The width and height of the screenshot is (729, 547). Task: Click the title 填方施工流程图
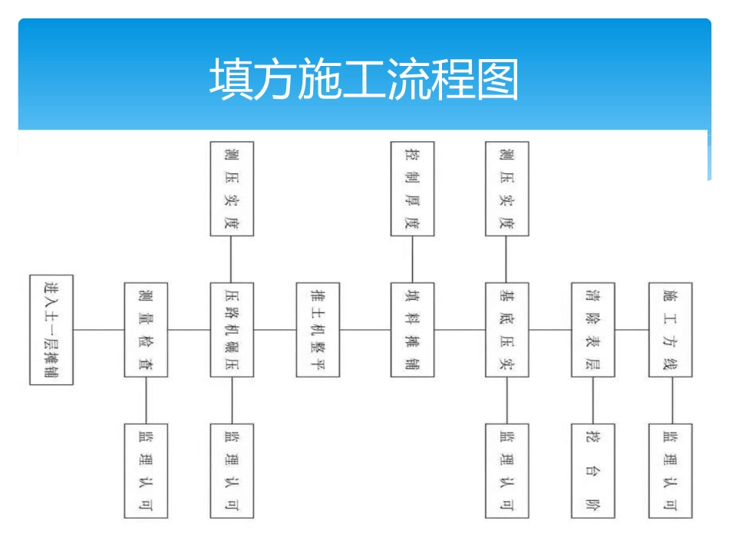point(364,79)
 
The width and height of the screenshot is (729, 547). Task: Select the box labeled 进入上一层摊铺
point(51,329)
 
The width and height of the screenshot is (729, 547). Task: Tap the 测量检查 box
point(146,329)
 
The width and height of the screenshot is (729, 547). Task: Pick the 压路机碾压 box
point(232,329)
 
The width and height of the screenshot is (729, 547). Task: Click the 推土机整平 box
point(318,329)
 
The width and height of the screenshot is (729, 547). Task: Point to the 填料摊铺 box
point(412,329)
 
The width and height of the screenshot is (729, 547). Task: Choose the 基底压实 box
point(506,329)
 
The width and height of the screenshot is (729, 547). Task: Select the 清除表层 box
point(592,329)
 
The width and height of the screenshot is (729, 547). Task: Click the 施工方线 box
point(671,329)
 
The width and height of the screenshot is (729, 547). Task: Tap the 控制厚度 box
point(412,189)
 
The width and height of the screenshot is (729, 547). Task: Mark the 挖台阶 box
point(592,470)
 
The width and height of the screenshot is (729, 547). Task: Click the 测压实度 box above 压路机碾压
point(232,189)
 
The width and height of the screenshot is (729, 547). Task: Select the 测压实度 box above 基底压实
point(506,189)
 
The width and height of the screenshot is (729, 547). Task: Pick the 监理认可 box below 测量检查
point(146,470)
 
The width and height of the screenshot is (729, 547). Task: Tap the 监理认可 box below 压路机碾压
point(232,470)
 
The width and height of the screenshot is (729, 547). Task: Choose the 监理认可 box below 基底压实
point(506,470)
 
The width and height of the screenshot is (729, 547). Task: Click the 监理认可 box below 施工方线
point(671,470)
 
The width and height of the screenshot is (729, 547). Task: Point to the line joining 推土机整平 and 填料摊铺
point(365,330)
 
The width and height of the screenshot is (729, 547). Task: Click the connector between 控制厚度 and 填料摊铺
point(412,259)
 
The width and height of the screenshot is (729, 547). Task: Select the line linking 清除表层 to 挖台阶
point(592,400)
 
